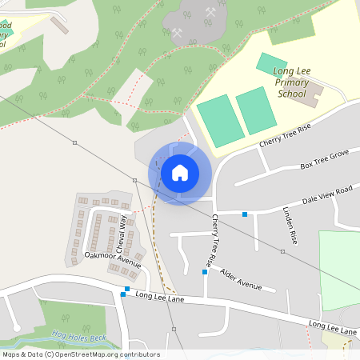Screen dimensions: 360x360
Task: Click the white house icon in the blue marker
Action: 180,172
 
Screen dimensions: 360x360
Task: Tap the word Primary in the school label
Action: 291,82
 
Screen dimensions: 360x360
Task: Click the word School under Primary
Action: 291,94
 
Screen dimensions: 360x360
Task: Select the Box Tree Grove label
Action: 325,158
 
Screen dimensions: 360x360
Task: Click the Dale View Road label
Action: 327,196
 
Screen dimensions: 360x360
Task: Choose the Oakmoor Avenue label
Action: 113,259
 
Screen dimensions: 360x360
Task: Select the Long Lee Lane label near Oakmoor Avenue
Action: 161,297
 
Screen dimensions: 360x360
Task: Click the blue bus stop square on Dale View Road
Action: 245,213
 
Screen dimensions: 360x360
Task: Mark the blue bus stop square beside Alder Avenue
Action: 205,273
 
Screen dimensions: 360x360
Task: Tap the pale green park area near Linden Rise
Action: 339,268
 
